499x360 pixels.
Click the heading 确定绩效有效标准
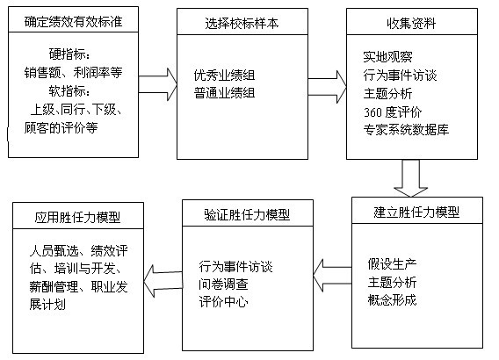tap(73, 22)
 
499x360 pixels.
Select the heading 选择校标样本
tap(242, 23)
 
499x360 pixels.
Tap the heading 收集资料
tap(411, 23)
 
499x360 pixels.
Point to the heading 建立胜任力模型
tap(416, 212)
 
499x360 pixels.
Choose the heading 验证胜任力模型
tap(247, 214)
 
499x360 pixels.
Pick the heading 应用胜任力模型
tap(77, 217)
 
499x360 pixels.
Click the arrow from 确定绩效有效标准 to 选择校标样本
tap(157, 84)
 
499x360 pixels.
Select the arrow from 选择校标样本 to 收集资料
tap(327, 87)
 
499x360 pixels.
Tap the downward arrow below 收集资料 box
tap(411, 178)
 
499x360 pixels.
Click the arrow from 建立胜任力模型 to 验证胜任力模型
tap(332, 276)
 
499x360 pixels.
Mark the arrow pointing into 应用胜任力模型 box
tap(163, 281)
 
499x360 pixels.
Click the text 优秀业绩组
tap(225, 76)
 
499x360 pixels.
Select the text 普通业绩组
tap(225, 93)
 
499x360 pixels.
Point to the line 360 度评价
tap(393, 112)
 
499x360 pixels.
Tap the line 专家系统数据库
tap(406, 129)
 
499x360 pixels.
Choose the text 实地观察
tap(388, 57)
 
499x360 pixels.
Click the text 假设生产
tap(392, 264)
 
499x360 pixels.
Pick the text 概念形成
tap(392, 299)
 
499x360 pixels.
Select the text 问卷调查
tap(223, 284)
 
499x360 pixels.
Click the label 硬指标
tap(69, 54)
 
